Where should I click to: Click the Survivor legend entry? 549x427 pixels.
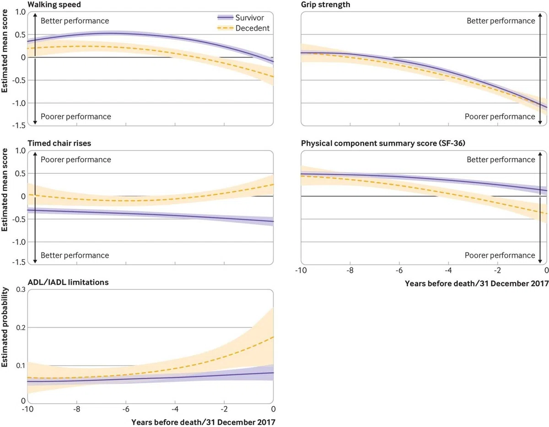[x=241, y=18]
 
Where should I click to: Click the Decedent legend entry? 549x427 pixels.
[x=243, y=28]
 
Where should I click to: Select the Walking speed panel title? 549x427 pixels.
[x=54, y=5]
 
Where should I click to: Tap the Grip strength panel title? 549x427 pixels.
[x=325, y=5]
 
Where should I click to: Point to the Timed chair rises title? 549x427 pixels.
[x=59, y=144]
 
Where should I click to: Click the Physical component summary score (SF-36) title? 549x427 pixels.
[x=383, y=144]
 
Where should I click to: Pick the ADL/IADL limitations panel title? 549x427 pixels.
[x=68, y=282]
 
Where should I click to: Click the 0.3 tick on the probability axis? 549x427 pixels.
[x=21, y=289]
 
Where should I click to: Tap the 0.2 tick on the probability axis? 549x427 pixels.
[x=21, y=328]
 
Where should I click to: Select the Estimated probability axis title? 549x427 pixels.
[x=5, y=327]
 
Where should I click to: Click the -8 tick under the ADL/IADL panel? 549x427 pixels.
[x=76, y=409]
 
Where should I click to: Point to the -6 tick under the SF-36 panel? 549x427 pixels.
[x=399, y=271]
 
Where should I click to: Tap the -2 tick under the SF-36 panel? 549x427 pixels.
[x=497, y=271]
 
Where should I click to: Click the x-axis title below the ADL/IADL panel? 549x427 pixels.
[x=203, y=422]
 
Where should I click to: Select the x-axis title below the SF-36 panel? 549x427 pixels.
[x=477, y=283]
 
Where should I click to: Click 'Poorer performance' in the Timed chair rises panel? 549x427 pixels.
[x=76, y=160]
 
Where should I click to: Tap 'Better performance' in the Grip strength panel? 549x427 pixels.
[x=501, y=21]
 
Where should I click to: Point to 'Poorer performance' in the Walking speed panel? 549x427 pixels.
[x=76, y=117]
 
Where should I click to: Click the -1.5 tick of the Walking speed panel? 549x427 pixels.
[x=19, y=125]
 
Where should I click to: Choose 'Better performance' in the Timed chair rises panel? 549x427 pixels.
[x=75, y=255]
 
